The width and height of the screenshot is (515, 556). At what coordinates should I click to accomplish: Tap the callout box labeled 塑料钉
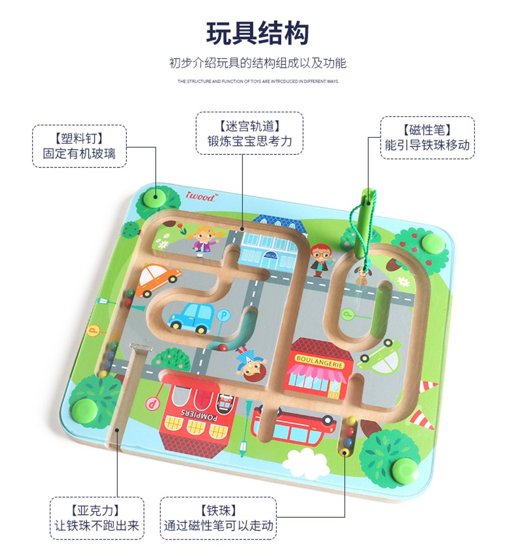pyautogui.click(x=79, y=146)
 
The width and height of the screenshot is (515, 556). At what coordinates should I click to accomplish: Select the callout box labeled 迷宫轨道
pyautogui.click(x=249, y=133)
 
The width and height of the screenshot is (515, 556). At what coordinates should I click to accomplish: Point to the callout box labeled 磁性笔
pyautogui.click(x=427, y=138)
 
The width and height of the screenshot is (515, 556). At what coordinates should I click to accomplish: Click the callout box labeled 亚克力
pyautogui.click(x=97, y=518)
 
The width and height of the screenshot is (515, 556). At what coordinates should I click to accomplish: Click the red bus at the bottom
pyautogui.click(x=293, y=426)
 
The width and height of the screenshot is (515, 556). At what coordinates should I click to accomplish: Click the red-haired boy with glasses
pyautogui.click(x=318, y=259)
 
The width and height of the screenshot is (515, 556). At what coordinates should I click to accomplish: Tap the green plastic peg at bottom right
pyautogui.click(x=405, y=470)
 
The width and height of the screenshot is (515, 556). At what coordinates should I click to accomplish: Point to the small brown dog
pyautogui.click(x=362, y=275)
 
